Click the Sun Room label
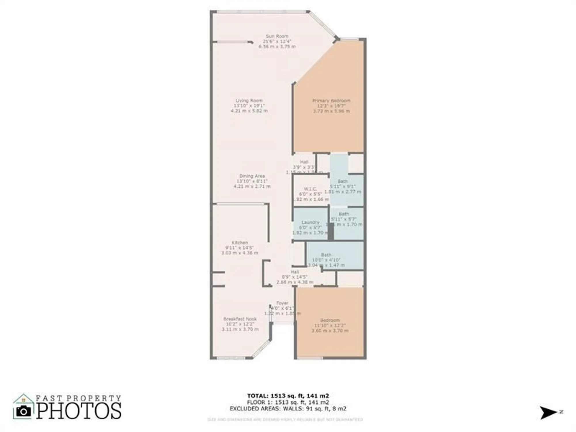[x=277, y=36]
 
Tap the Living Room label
[x=249, y=101]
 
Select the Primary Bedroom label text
[x=331, y=101]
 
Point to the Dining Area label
[x=252, y=176]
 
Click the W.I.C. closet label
[x=310, y=189]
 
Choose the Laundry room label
[x=310, y=222]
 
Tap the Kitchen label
[x=240, y=243]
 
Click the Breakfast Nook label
[x=240, y=319]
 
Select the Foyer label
[x=282, y=303]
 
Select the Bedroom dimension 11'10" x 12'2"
[x=330, y=325]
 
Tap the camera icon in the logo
[x=23, y=411]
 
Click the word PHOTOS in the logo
[x=79, y=411]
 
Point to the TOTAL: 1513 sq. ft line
[x=288, y=396]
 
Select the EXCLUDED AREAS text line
[x=288, y=409]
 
